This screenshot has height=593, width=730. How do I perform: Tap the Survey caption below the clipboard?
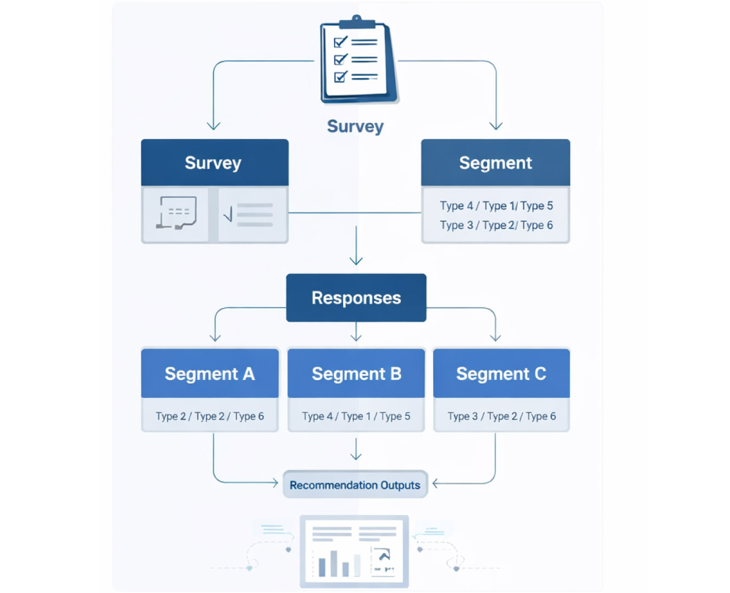(x=355, y=126)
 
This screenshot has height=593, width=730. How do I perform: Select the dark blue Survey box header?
(x=214, y=163)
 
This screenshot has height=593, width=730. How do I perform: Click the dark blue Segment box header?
(x=495, y=163)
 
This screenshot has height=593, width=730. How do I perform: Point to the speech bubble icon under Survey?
(x=176, y=213)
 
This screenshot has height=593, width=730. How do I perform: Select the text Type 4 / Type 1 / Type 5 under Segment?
(x=496, y=206)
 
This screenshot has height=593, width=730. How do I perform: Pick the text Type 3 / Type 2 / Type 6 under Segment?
(x=496, y=225)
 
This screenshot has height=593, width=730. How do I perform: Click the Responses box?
(x=356, y=298)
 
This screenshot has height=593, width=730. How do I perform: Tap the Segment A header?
(x=209, y=373)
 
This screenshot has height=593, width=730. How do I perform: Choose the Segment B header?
(x=356, y=373)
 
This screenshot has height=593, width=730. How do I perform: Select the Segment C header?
(x=501, y=373)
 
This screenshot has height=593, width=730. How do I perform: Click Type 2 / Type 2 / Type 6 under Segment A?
(x=209, y=416)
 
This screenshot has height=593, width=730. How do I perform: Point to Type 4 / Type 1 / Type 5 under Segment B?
(x=356, y=416)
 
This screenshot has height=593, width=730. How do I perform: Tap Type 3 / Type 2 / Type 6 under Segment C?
(x=501, y=416)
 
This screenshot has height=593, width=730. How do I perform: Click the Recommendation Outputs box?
(x=355, y=485)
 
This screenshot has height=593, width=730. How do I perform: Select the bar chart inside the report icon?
(x=339, y=562)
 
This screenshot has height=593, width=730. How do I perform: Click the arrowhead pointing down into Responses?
(x=356, y=260)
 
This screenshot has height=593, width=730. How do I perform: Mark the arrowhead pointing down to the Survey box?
(x=213, y=126)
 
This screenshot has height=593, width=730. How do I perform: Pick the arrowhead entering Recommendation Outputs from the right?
(x=436, y=484)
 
